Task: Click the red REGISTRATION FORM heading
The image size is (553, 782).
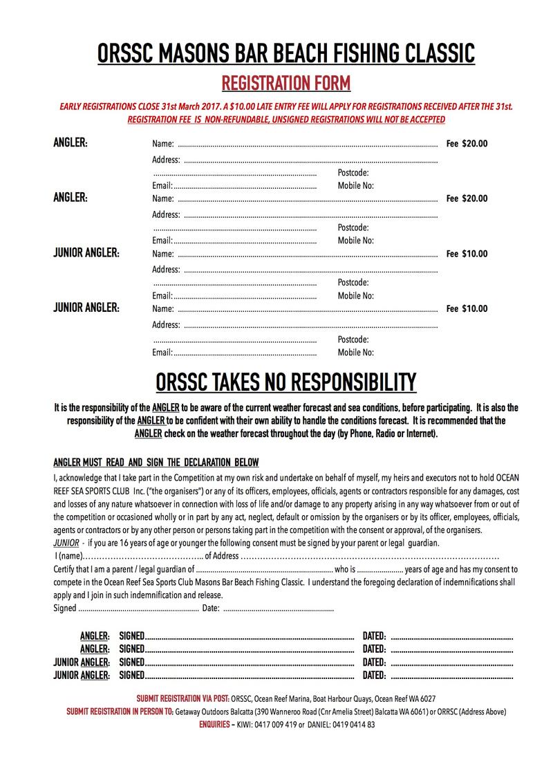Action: click(285, 84)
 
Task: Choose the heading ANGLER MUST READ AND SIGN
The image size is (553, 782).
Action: click(156, 462)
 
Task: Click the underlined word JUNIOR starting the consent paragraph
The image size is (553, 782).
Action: click(66, 543)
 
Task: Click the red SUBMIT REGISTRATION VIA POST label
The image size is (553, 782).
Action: click(183, 698)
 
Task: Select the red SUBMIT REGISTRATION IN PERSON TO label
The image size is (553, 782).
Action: click(120, 711)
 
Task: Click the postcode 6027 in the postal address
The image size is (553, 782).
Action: click(426, 698)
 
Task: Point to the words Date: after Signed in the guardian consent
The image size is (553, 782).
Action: click(211, 608)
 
